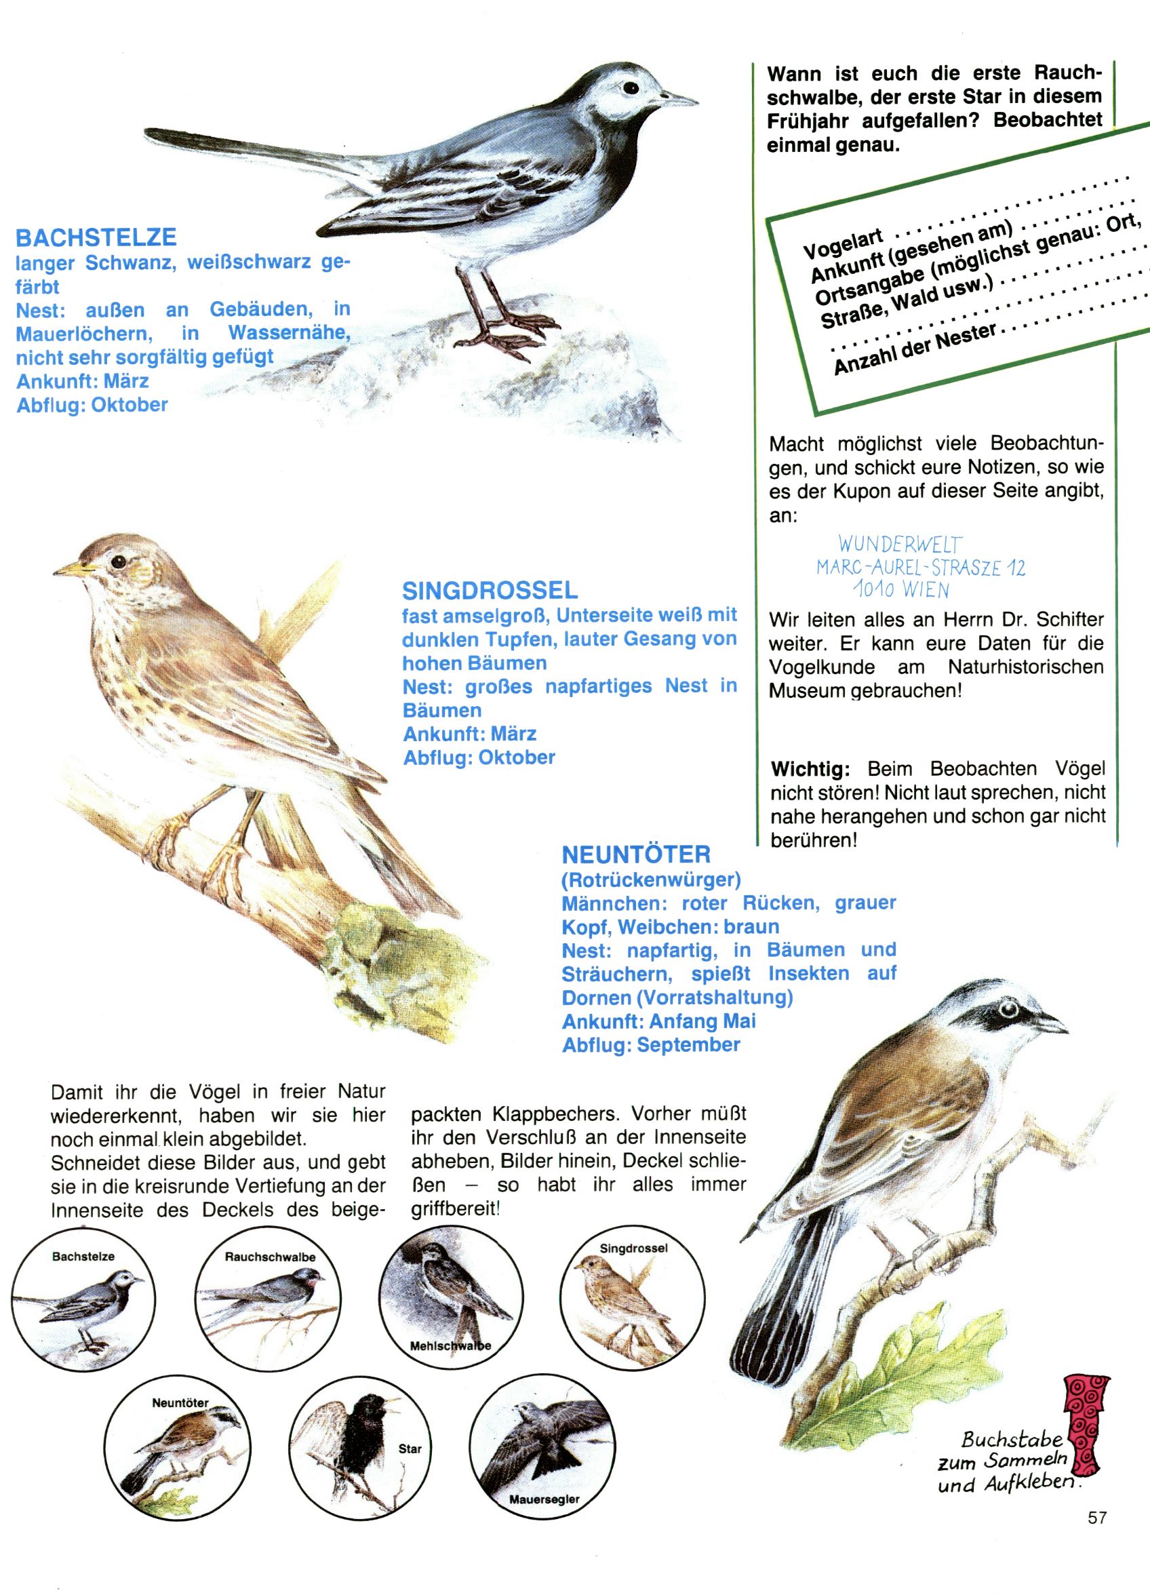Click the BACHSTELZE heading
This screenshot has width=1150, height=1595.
click(x=96, y=238)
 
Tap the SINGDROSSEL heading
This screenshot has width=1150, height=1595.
click(x=490, y=590)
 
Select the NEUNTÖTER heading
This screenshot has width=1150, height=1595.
click(x=636, y=854)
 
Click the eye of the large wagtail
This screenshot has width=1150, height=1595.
click(x=631, y=89)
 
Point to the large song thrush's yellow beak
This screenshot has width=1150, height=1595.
click(x=73, y=566)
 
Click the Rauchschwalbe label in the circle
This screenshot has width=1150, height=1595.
click(x=270, y=1257)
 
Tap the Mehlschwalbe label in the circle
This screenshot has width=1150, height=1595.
click(x=450, y=1346)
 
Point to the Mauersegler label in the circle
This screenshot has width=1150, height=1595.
click(x=544, y=1499)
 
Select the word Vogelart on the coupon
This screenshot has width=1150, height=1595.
click(x=843, y=242)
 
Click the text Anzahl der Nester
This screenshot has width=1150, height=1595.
click(x=915, y=348)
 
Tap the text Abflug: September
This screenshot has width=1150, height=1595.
click(x=651, y=1045)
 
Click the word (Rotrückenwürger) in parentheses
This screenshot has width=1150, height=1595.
click(x=651, y=879)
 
